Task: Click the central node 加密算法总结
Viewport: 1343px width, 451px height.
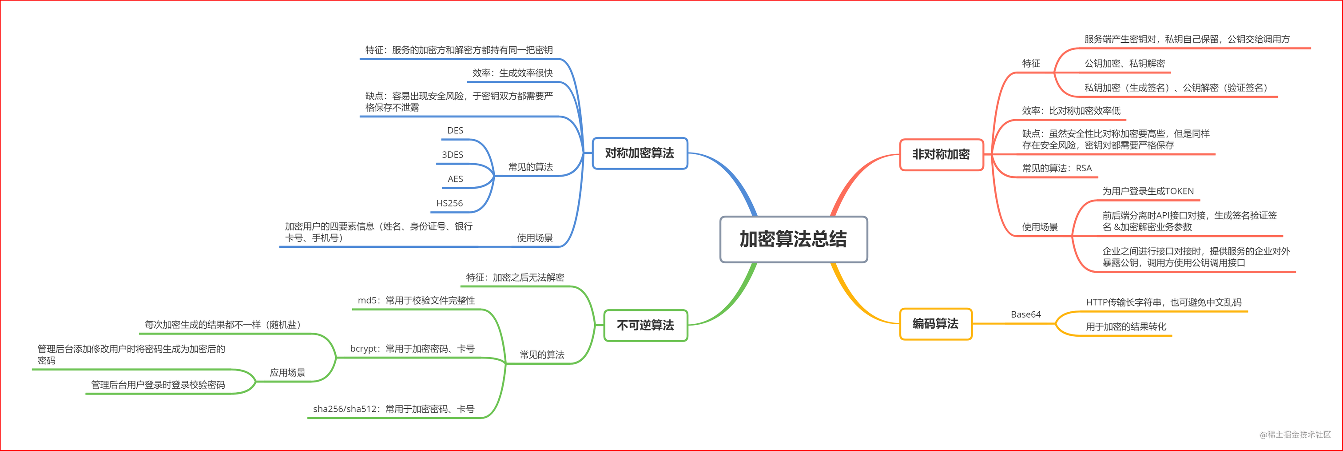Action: click(x=794, y=239)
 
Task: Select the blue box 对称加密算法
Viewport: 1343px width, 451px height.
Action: click(x=640, y=153)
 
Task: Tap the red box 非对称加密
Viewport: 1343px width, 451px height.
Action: click(x=941, y=154)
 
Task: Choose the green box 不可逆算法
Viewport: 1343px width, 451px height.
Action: click(x=645, y=325)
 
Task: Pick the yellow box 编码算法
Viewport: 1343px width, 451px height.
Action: click(x=935, y=324)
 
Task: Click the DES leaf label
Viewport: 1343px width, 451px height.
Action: click(x=455, y=130)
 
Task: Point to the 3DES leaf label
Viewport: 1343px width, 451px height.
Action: click(x=453, y=154)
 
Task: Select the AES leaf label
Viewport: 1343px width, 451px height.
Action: click(x=455, y=179)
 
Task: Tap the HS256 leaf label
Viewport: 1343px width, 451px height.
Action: click(x=449, y=203)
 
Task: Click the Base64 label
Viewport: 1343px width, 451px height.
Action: click(x=1025, y=314)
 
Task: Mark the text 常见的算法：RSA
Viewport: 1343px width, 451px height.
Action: click(x=1057, y=168)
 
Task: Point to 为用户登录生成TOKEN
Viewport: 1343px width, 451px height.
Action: click(x=1148, y=191)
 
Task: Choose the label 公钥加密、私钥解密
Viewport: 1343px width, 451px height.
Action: click(x=1124, y=63)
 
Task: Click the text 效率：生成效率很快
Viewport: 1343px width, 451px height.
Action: click(x=513, y=73)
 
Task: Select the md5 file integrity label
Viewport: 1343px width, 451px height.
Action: click(x=416, y=300)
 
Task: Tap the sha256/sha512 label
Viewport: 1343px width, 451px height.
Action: click(x=393, y=409)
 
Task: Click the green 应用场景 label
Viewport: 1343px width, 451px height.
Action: click(x=287, y=372)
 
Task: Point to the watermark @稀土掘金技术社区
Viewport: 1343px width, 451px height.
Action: click(x=1295, y=434)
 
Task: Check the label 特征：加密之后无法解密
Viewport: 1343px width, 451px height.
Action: click(x=515, y=277)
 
